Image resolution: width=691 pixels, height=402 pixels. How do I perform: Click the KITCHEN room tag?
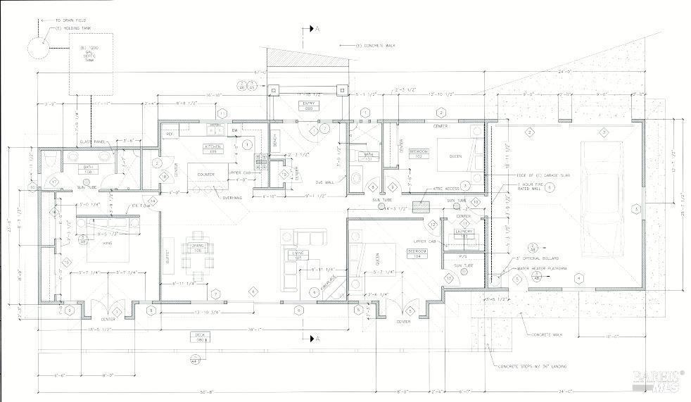click(213, 149)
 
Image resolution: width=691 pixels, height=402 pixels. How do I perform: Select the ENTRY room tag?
click(308, 106)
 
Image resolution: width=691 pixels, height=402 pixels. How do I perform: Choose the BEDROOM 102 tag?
click(419, 153)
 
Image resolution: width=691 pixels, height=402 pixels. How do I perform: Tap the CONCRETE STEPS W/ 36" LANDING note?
click(533, 366)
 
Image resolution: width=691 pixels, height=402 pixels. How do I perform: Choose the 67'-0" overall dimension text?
click(259, 72)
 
